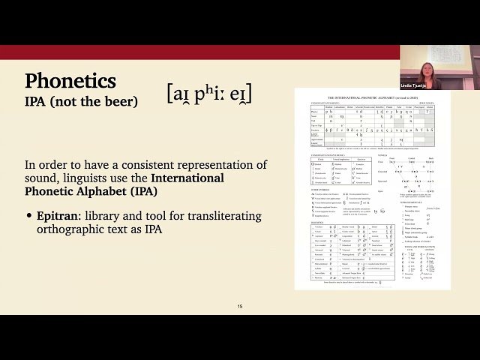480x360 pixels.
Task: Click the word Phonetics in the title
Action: point(70,81)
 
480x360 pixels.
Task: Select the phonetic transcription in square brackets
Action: point(209,93)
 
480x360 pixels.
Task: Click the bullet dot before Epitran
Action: point(28,217)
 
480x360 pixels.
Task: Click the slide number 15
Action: point(240,307)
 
